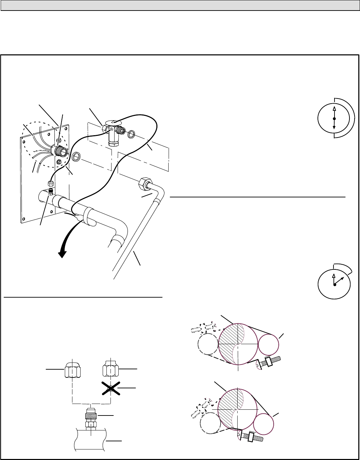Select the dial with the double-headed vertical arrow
click(x=335, y=118)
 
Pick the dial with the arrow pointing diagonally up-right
click(x=335, y=284)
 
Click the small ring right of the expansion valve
click(x=131, y=135)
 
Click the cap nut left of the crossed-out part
click(x=72, y=369)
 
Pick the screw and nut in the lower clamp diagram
click(x=251, y=435)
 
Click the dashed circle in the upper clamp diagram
click(x=208, y=344)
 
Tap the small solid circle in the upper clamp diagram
click(x=269, y=344)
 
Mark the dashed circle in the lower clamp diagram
click(x=211, y=423)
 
